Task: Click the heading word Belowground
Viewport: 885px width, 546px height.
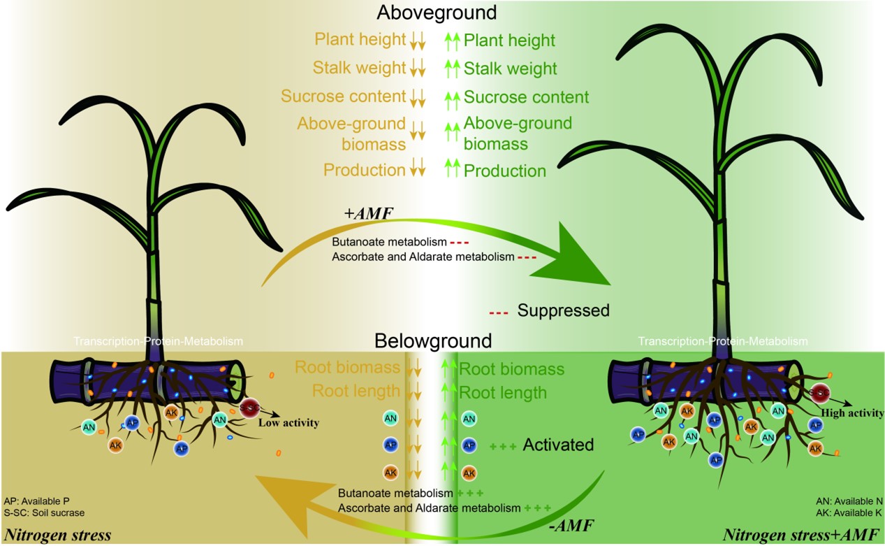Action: (x=433, y=341)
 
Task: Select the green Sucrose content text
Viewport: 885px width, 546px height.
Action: (x=526, y=97)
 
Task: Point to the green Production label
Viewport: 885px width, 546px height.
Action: (x=505, y=171)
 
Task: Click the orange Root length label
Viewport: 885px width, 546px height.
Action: (x=356, y=390)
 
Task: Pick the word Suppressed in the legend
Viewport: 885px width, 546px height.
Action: (x=563, y=310)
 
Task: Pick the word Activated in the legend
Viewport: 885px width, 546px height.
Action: (x=558, y=445)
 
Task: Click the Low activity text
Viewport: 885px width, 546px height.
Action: (x=288, y=423)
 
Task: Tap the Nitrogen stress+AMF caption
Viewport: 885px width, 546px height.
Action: (x=803, y=536)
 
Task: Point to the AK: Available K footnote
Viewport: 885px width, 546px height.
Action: (x=849, y=512)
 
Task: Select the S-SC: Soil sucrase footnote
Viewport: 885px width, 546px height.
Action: (x=44, y=512)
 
